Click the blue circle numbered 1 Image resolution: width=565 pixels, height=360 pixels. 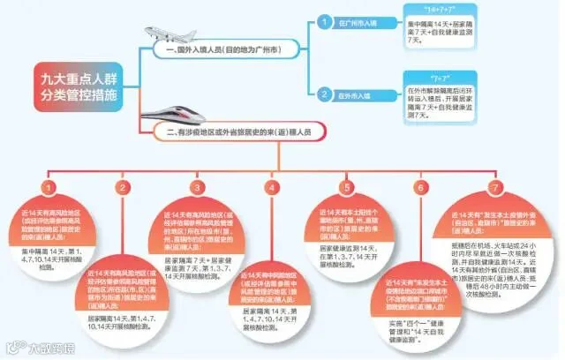(325, 20)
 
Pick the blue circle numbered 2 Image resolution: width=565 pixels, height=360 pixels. (325, 94)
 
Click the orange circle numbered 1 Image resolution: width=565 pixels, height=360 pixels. (49, 187)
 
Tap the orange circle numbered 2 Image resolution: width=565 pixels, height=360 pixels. (124, 187)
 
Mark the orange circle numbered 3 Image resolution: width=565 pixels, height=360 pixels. (198, 187)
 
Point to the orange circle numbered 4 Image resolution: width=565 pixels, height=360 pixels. (273, 187)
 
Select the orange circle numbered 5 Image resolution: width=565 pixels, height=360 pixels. (347, 187)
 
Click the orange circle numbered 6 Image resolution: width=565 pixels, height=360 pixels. (420, 187)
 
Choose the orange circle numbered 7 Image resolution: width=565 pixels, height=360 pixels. (494, 187)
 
